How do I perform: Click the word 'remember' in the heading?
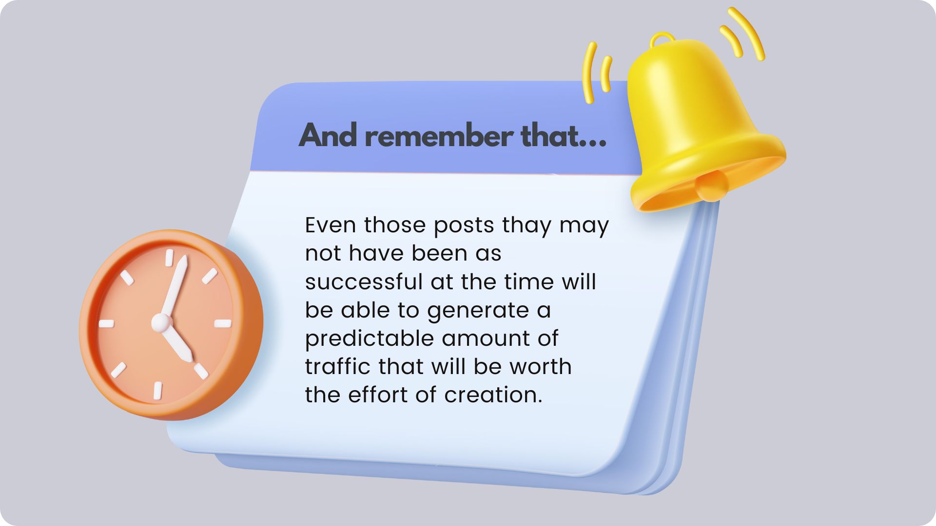[439, 136]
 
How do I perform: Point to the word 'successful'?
[364, 282]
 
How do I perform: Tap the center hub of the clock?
[161, 322]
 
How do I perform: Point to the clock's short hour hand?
[177, 343]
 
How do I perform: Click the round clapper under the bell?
[712, 186]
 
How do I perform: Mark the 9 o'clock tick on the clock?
[106, 323]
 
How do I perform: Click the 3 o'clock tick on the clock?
[223, 323]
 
